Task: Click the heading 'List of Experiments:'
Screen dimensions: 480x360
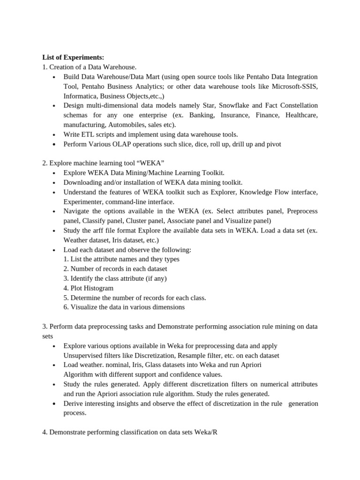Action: (73, 57)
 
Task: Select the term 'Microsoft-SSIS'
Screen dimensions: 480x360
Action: (295, 86)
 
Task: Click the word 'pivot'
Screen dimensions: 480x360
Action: (273, 144)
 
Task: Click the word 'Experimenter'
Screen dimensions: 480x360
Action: (84, 202)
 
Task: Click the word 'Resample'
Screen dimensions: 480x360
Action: (190, 355)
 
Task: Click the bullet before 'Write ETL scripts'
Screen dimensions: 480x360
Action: (54, 135)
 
